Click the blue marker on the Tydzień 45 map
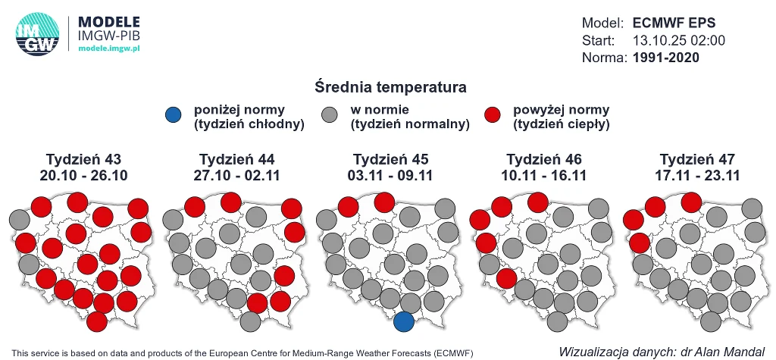click(404, 321)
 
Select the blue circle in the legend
click(174, 116)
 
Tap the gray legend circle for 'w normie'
click(330, 116)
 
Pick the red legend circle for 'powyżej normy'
click(493, 116)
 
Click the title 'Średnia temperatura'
click(390, 87)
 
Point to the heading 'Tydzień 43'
click(83, 159)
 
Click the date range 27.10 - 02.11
click(236, 175)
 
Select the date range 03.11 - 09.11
click(390, 175)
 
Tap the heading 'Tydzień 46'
click(543, 159)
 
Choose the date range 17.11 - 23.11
click(697, 175)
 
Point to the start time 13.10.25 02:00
click(678, 40)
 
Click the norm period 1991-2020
click(665, 58)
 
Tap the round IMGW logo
click(36, 35)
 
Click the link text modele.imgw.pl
click(110, 49)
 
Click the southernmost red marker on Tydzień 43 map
click(97, 321)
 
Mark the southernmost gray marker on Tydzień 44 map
click(250, 321)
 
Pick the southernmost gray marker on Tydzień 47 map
click(711, 321)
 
